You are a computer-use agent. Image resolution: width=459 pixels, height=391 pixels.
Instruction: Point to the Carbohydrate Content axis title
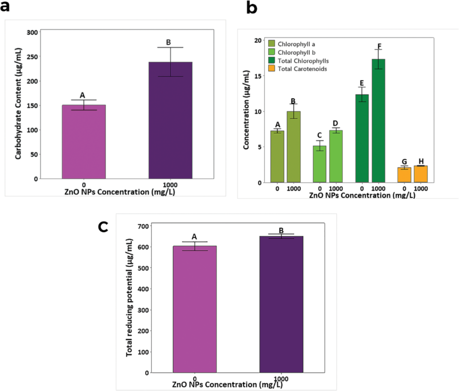tap(18, 105)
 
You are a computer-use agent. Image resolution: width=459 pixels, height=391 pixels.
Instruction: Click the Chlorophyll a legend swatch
tap(272, 44)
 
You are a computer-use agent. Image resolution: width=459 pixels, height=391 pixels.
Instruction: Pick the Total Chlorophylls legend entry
tap(298, 61)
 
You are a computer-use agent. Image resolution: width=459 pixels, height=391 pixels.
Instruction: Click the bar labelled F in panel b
tap(378, 121)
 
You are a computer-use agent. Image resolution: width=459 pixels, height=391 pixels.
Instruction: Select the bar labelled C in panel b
tap(320, 164)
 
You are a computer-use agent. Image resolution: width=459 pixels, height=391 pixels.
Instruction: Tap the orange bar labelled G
tap(404, 175)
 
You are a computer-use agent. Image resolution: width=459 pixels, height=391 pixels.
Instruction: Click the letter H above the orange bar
tap(421, 161)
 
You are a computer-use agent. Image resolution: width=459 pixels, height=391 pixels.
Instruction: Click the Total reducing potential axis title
tap(130, 298)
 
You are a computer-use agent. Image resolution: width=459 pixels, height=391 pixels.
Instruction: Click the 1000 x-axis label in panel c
tap(281, 378)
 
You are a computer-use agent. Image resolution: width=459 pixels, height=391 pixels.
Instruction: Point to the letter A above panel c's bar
tap(195, 236)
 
